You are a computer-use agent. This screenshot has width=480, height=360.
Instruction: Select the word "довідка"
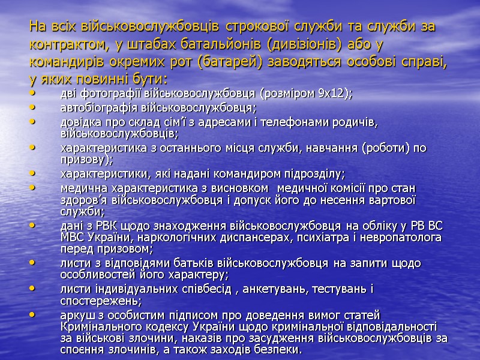79,123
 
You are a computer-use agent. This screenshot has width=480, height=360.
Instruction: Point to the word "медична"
80,189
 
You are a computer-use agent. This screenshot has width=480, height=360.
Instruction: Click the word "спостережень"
100,301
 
